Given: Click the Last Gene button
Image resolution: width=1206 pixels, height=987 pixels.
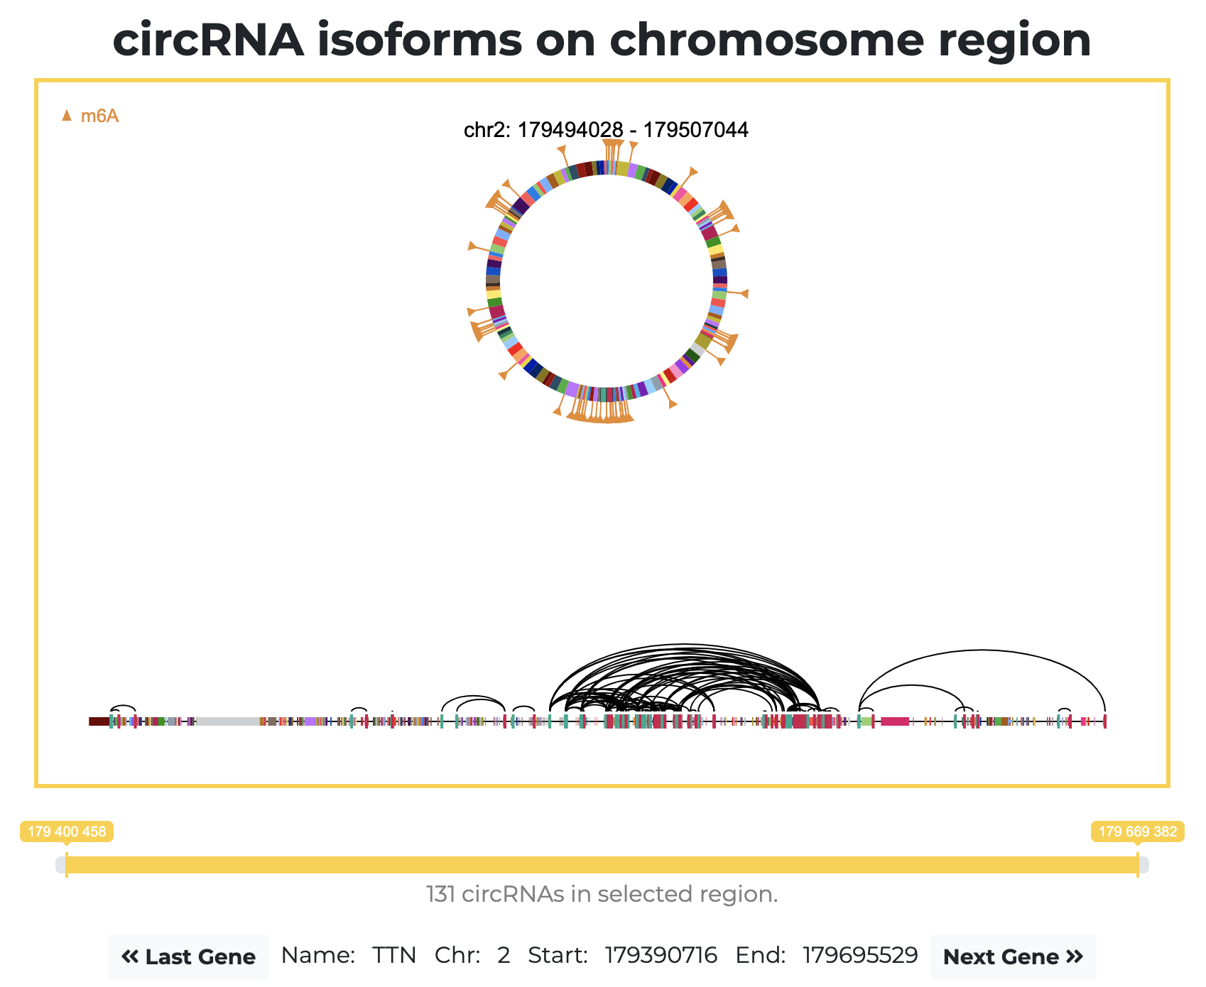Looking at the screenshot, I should click(x=188, y=956).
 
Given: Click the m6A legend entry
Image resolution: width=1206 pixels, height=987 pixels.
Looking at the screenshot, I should click(x=99, y=116).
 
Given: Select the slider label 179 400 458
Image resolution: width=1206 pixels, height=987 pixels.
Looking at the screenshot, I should click(x=67, y=831).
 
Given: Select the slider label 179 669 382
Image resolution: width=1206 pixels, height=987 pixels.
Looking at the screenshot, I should click(x=1137, y=831).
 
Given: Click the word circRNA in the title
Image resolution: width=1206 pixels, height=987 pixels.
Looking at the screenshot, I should click(x=208, y=40).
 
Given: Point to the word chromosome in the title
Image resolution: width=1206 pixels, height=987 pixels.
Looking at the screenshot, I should click(x=767, y=40).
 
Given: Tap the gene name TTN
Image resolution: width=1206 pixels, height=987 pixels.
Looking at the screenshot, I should click(x=394, y=956).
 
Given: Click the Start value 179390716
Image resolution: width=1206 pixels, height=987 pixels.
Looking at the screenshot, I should click(x=661, y=956).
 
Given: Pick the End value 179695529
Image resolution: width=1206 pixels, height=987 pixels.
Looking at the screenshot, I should click(x=860, y=956).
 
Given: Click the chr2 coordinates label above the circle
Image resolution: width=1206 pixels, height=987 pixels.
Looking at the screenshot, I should click(x=606, y=130).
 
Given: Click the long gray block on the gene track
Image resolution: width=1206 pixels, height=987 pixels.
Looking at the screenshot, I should click(x=228, y=721).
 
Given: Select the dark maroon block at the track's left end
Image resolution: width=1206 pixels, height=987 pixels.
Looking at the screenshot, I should click(x=99, y=721).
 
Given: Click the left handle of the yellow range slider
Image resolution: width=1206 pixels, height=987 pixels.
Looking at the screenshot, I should click(x=67, y=865).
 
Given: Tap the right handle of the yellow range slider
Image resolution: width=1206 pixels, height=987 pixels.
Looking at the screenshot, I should click(x=1138, y=865).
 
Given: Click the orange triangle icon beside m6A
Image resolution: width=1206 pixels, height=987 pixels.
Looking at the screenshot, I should click(x=67, y=115).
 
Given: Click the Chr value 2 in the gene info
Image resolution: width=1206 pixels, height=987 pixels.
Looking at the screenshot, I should click(x=504, y=956).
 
